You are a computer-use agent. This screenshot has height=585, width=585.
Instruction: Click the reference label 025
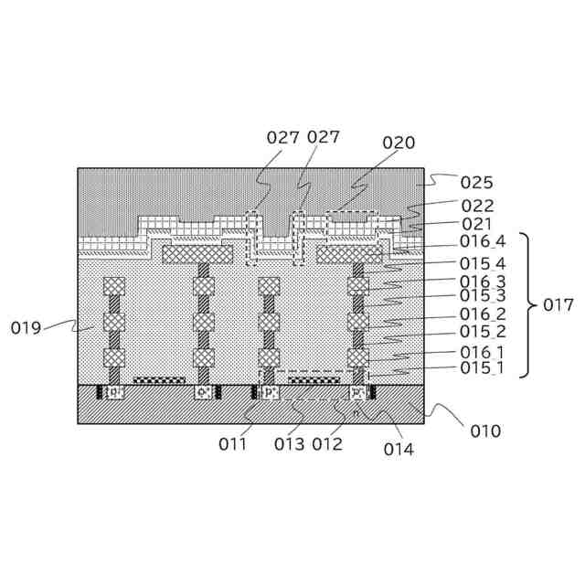click(476, 182)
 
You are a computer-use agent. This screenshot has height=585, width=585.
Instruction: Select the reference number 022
click(476, 207)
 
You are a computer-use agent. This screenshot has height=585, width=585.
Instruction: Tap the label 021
click(476, 223)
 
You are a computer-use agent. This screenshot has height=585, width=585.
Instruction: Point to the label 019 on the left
click(27, 327)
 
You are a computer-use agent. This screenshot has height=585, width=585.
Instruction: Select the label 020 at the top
click(399, 143)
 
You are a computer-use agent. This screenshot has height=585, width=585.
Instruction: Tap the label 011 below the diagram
click(233, 444)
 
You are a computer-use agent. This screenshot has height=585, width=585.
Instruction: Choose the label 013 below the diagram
click(291, 444)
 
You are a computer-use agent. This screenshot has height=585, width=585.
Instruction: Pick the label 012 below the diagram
click(327, 444)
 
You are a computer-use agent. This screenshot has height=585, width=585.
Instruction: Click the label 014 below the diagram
click(399, 448)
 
